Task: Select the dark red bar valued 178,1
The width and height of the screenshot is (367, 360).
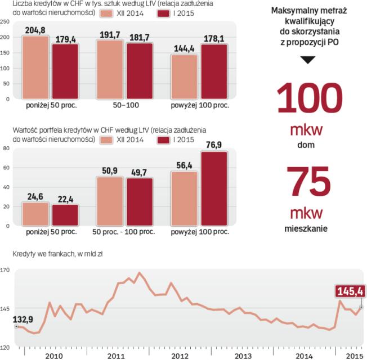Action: [x=214, y=71]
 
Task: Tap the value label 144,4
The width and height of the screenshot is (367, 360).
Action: [x=183, y=49]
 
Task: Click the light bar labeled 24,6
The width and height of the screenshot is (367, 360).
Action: [x=35, y=215]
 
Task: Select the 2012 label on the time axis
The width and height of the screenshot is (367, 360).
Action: [x=180, y=356]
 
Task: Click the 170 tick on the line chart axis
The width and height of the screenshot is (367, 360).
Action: [x=6, y=271]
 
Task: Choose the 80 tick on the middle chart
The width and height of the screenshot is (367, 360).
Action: [x=7, y=148]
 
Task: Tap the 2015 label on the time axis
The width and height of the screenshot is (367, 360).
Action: [x=353, y=356]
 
